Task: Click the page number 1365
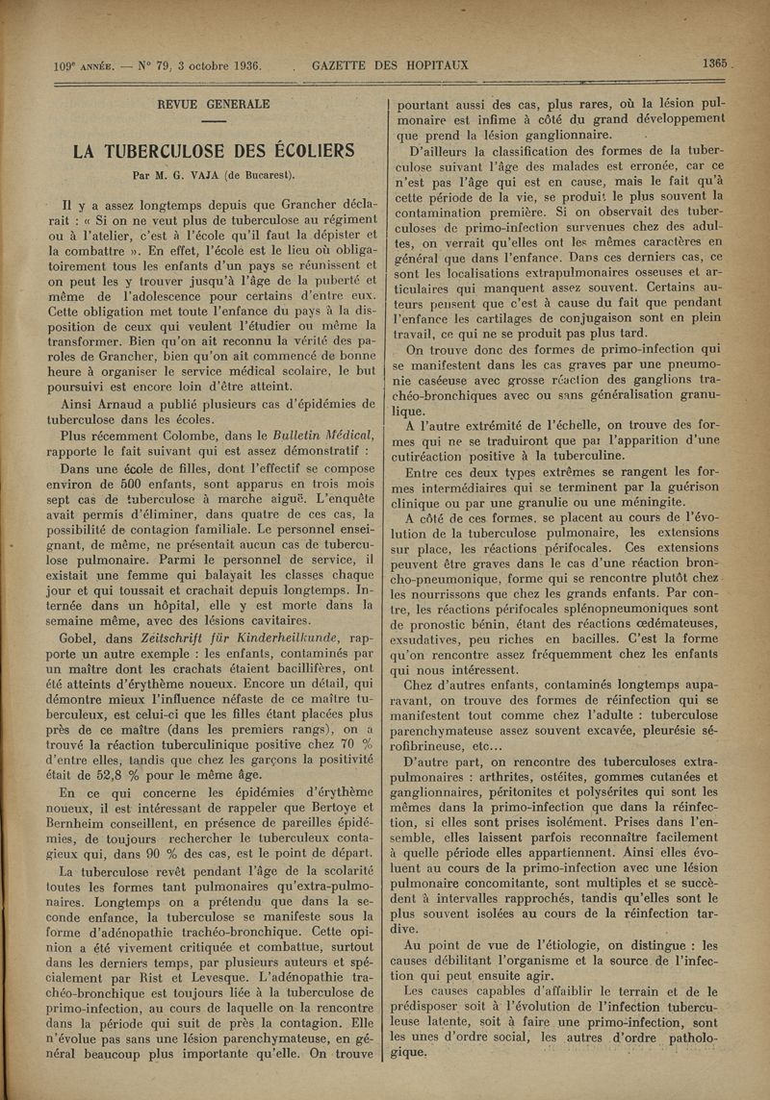tap(714, 63)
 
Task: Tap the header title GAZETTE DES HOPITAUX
tap(390, 65)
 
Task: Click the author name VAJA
tap(225, 175)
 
